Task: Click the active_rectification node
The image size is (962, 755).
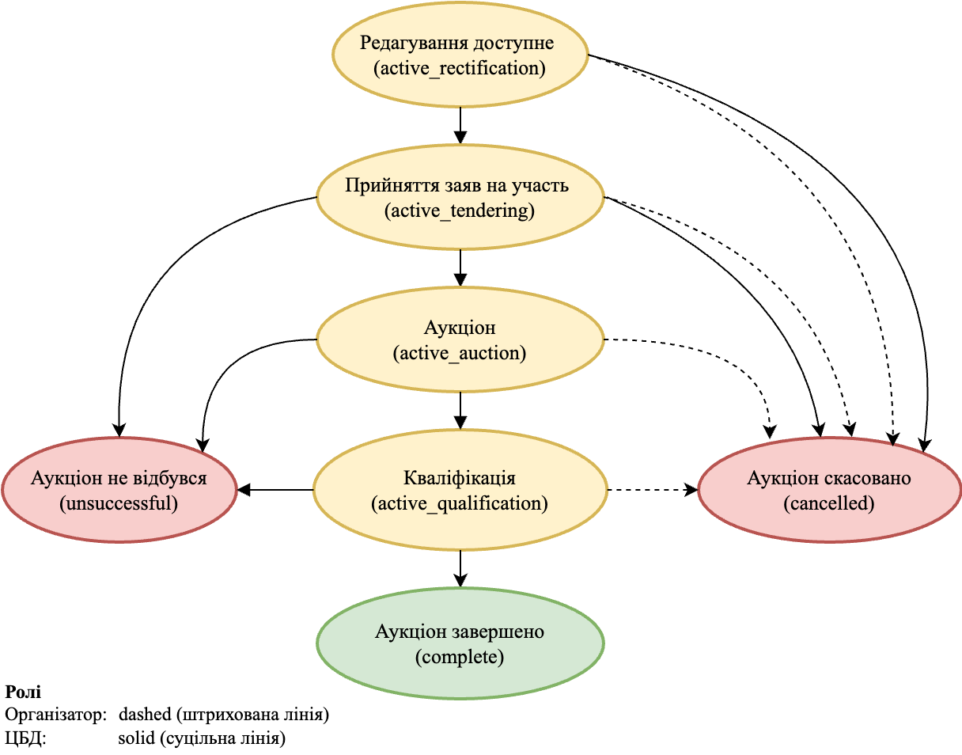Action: (460, 55)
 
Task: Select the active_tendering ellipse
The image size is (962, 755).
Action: (460, 199)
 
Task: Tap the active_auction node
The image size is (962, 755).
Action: (460, 340)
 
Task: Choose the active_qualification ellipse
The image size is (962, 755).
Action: (460, 491)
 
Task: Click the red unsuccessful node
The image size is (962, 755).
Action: (119, 491)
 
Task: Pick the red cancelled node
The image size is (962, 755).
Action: (829, 491)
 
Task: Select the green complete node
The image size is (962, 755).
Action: (460, 644)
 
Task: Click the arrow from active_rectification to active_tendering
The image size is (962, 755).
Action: (460, 125)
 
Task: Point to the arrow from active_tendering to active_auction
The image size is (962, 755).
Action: (460, 267)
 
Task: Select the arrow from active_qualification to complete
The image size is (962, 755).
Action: (460, 568)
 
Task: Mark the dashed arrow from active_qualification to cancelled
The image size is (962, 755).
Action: (652, 491)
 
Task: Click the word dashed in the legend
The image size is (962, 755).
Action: (145, 715)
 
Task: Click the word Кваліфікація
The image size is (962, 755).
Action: (460, 479)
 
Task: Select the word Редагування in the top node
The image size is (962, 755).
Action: (407, 43)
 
